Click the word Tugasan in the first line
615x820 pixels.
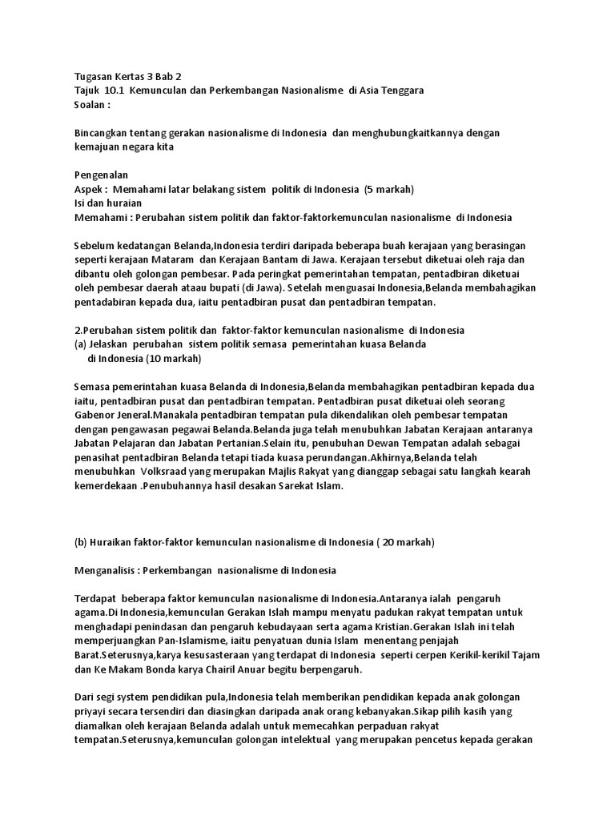[94, 77]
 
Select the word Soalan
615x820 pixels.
[90, 105]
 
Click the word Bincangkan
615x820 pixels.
[102, 133]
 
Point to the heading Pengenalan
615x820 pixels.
[101, 175]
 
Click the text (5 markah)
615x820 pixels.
[388, 189]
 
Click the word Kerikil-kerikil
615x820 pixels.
[462, 654]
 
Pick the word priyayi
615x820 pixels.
[91, 711]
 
